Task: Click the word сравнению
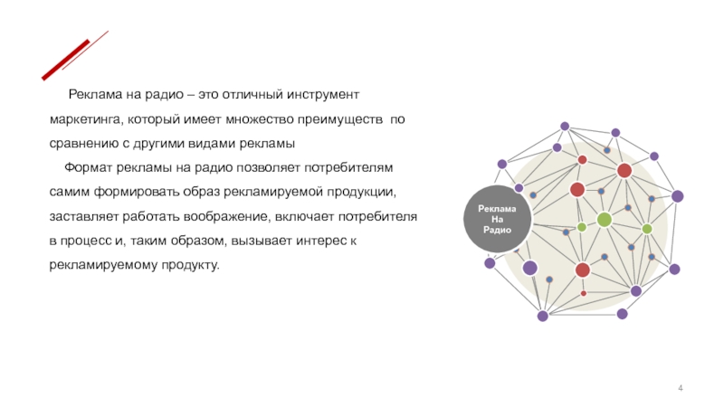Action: tap(82, 144)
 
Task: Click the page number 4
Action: tap(681, 388)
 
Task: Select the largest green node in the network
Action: tap(604, 219)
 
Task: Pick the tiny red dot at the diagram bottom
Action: tap(583, 293)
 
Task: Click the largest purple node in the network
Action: tap(530, 268)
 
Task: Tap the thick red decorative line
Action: tap(65, 60)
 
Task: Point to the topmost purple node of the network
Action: tap(565, 127)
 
